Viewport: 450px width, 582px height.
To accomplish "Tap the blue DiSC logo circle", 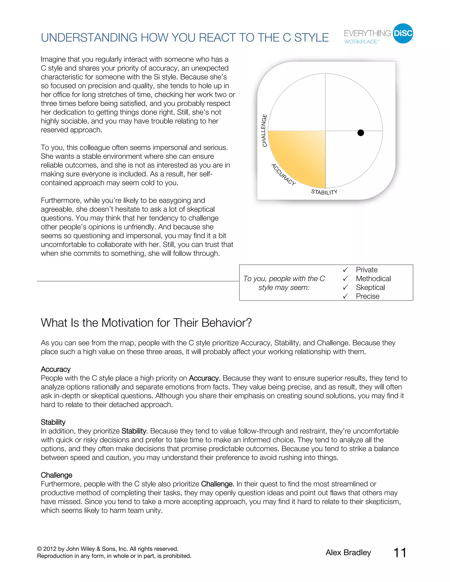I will pyautogui.click(x=403, y=33).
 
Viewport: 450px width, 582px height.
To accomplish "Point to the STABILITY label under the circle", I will pyautogui.click(x=324, y=192).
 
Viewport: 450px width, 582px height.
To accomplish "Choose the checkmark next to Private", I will pyautogui.click(x=345, y=270).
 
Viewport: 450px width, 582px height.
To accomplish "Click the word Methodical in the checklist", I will pyautogui.click(x=373, y=279).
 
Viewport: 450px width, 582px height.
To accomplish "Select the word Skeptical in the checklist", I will pyautogui.click(x=370, y=287).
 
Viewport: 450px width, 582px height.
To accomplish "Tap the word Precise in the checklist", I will pyautogui.click(x=367, y=296).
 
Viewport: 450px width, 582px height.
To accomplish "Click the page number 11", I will pyautogui.click(x=400, y=553).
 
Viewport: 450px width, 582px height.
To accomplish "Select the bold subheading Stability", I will pyautogui.click(x=53, y=422).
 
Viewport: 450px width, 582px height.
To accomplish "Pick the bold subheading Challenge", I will pyautogui.click(x=56, y=475).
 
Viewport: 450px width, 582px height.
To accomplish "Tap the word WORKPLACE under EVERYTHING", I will pyautogui.click(x=361, y=42).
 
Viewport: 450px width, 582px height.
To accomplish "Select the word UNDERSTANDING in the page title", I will pyautogui.click(x=89, y=38).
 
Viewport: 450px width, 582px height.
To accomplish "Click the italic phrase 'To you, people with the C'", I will pyautogui.click(x=284, y=279).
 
